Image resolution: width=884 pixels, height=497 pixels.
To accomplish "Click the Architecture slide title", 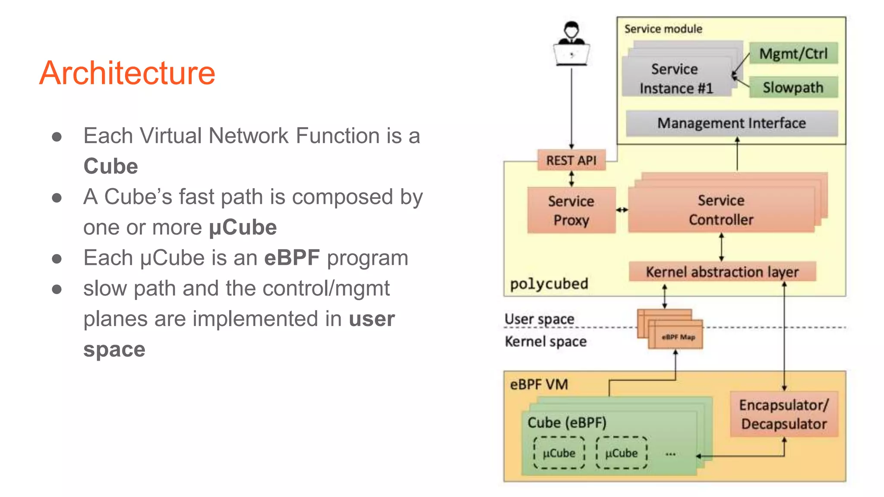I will pyautogui.click(x=127, y=73).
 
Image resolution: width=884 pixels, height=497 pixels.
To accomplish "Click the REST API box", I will pyautogui.click(x=571, y=160).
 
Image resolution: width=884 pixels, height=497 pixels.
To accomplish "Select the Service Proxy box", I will pyautogui.click(x=571, y=211).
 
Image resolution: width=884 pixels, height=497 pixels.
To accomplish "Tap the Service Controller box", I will pyautogui.click(x=721, y=210).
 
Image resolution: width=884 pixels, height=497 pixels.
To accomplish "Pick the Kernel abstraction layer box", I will pyautogui.click(x=722, y=272).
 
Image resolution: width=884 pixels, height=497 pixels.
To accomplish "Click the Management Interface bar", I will pyautogui.click(x=732, y=123).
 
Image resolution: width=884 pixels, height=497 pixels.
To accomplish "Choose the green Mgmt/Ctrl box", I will pyautogui.click(x=793, y=53).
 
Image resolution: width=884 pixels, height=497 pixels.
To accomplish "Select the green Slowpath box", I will pyautogui.click(x=793, y=88).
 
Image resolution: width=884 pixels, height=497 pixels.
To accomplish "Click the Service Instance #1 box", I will pyautogui.click(x=676, y=79).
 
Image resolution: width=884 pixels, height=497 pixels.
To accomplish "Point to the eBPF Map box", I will pyautogui.click(x=678, y=337).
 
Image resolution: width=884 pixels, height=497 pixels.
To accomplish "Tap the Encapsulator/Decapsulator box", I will pyautogui.click(x=784, y=415).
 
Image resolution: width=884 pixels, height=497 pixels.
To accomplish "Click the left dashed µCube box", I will pyautogui.click(x=559, y=453).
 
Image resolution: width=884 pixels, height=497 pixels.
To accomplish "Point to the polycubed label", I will pyautogui.click(x=549, y=284).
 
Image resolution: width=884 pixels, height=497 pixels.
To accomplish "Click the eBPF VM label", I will pyautogui.click(x=539, y=384).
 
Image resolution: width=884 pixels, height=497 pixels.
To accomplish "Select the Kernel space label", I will pyautogui.click(x=546, y=342).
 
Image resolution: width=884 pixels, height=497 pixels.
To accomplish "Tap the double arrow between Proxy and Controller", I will pyautogui.click(x=622, y=210).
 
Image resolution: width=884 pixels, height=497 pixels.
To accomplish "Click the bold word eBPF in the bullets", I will pyautogui.click(x=292, y=258).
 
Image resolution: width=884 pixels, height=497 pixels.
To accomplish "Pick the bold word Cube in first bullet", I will pyautogui.click(x=110, y=167).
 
